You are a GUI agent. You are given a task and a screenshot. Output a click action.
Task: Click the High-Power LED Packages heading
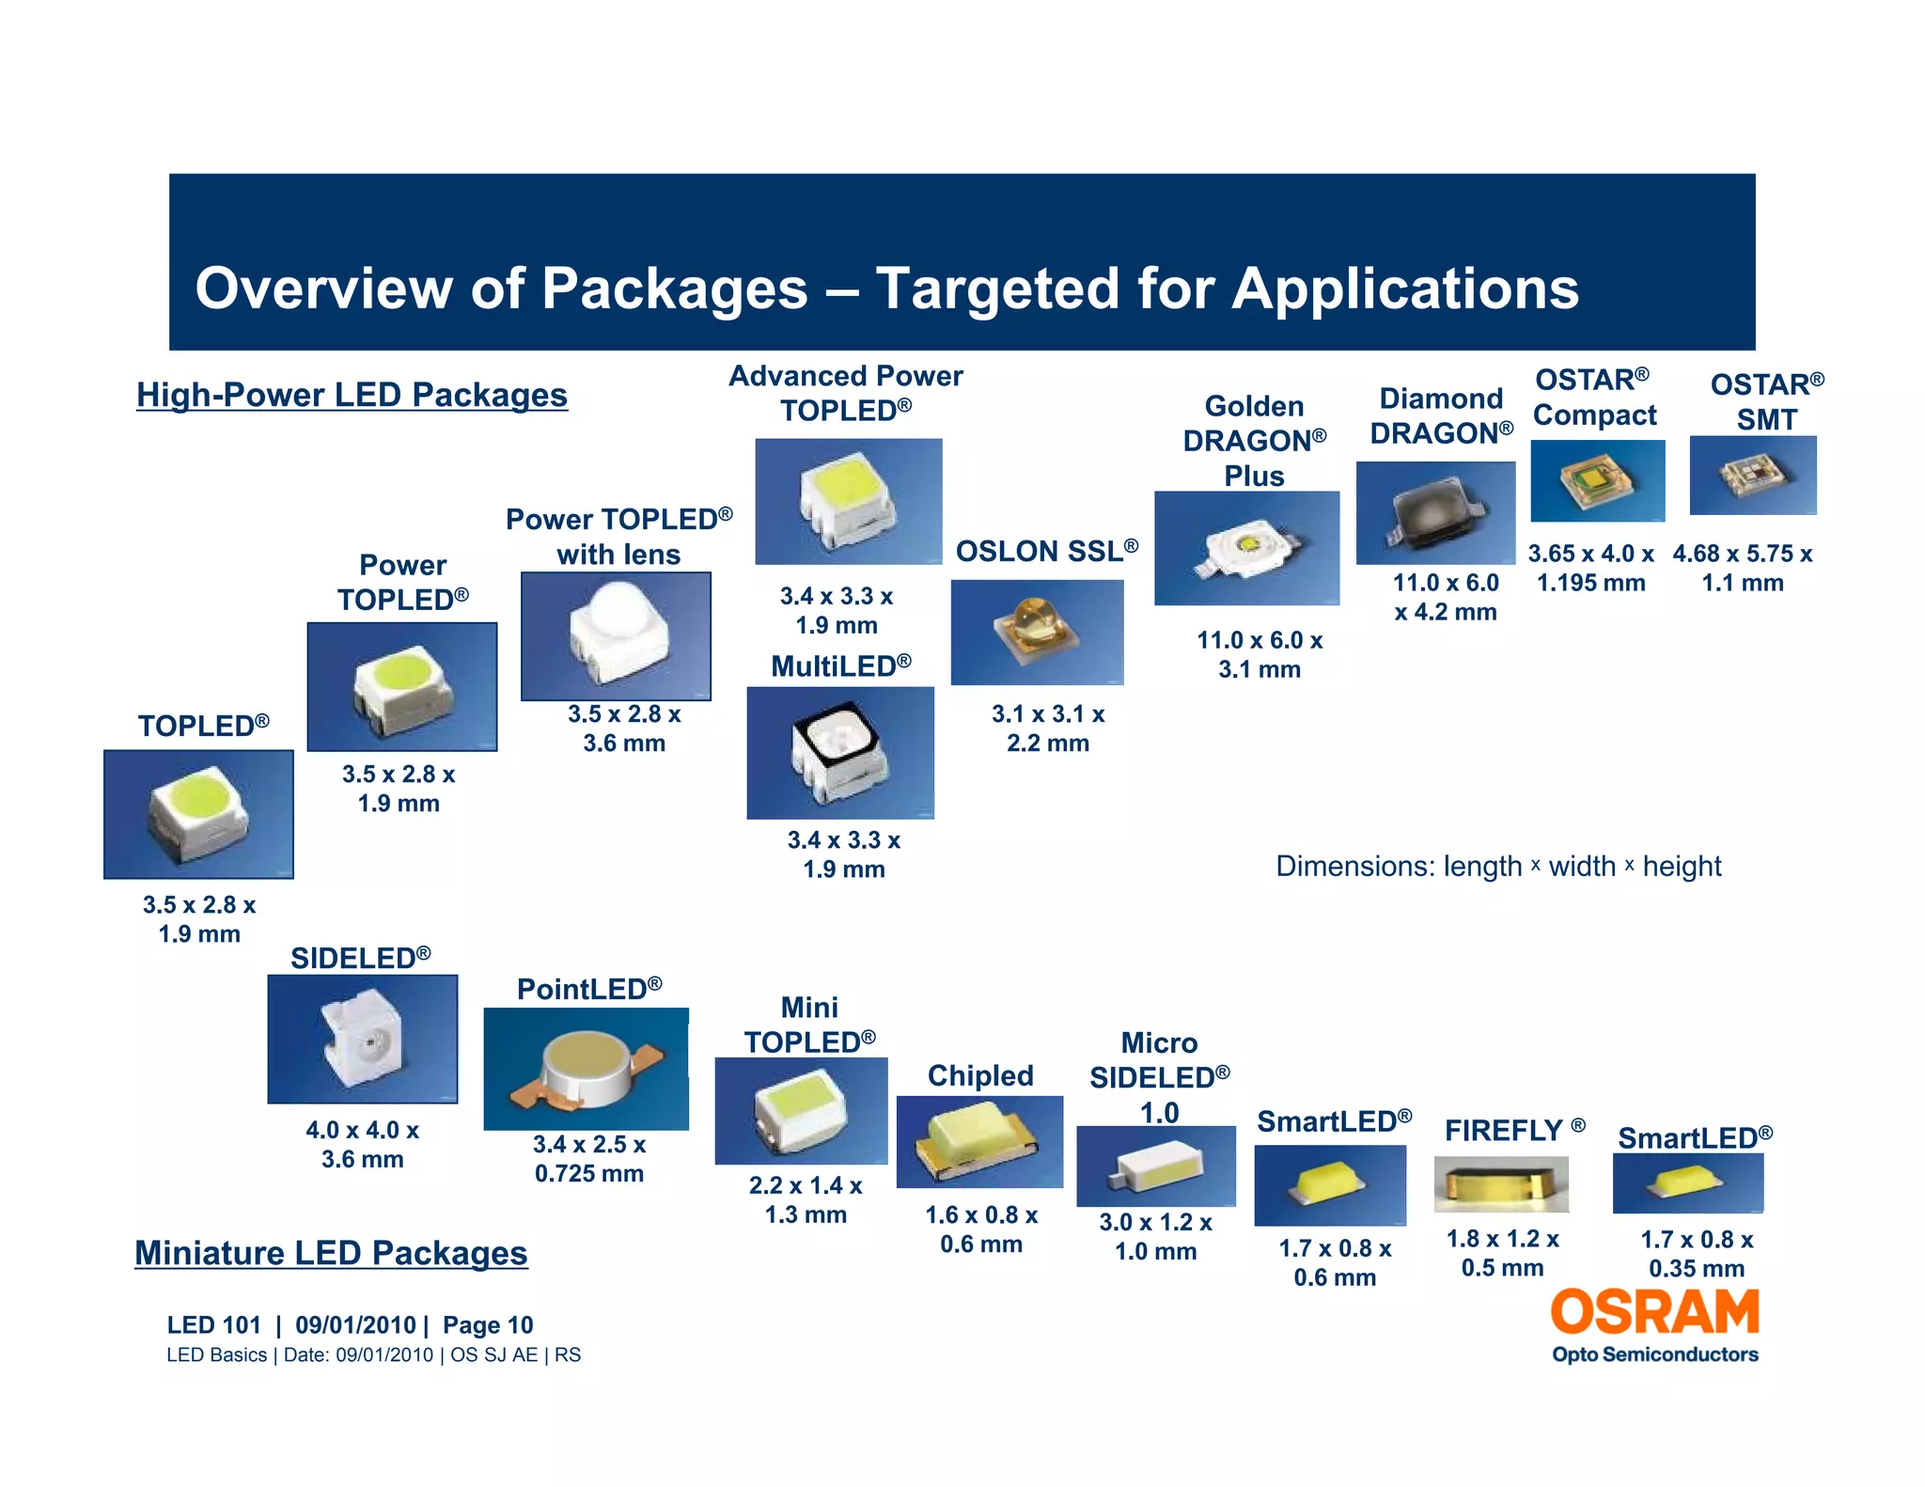pyautogui.click(x=352, y=395)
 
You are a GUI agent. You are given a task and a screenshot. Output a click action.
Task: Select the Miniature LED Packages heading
pyautogui.click(x=331, y=1253)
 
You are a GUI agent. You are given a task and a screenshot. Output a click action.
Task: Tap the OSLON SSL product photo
pyautogui.click(x=1037, y=632)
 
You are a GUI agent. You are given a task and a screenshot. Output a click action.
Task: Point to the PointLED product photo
pyautogui.click(x=586, y=1069)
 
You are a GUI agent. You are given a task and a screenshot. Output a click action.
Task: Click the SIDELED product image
pyautogui.click(x=363, y=1039)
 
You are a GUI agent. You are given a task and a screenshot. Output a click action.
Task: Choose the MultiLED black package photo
pyautogui.click(x=840, y=753)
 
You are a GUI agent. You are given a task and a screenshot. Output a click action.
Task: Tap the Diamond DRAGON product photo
pyautogui.click(x=1435, y=512)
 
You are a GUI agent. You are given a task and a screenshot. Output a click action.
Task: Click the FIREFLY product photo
pyautogui.click(x=1501, y=1184)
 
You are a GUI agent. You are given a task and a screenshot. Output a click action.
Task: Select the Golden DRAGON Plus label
pyautogui.click(x=1254, y=441)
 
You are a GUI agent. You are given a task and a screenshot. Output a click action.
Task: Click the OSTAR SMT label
pyautogui.click(x=1766, y=401)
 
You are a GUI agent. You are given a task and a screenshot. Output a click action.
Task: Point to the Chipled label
pyautogui.click(x=980, y=1075)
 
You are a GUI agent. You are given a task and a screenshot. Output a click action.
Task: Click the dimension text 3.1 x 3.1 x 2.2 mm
pyautogui.click(x=1048, y=728)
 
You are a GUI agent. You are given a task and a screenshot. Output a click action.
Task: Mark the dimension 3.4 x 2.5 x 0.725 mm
pyautogui.click(x=589, y=1158)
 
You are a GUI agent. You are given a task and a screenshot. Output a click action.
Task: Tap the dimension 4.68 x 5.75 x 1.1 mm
pyautogui.click(x=1743, y=568)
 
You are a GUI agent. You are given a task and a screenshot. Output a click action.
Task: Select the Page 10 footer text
pyautogui.click(x=488, y=1325)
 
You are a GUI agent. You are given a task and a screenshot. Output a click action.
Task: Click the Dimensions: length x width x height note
pyautogui.click(x=1498, y=866)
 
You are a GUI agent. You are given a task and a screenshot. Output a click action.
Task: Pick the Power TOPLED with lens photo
pyautogui.click(x=616, y=636)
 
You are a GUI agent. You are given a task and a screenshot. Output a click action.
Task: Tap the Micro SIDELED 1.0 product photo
pyautogui.click(x=1156, y=1166)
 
